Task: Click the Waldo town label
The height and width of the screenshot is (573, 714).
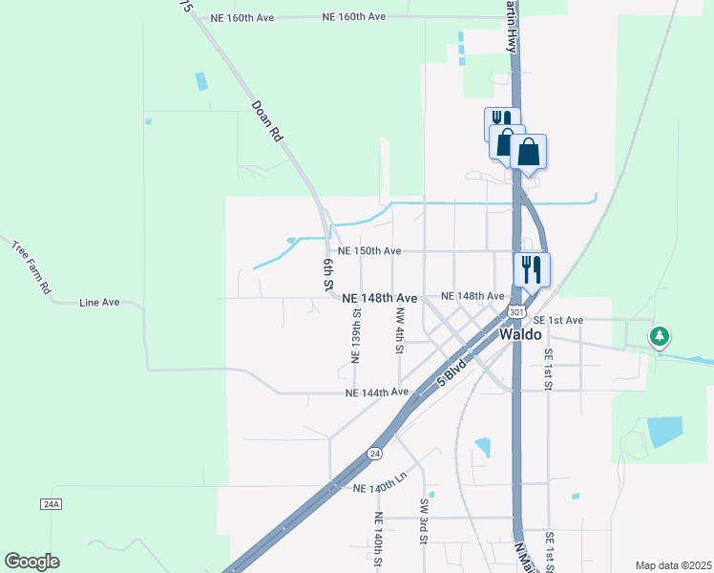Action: coord(521,335)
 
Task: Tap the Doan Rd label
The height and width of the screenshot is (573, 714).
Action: coord(268,122)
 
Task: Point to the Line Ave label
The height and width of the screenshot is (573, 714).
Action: coord(99,302)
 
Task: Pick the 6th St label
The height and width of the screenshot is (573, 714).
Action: coord(327,274)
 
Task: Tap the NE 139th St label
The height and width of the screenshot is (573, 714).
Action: coord(354,335)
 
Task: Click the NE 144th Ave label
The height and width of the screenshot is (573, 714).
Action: coord(377,393)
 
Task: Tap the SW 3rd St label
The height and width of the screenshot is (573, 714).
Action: coord(423,520)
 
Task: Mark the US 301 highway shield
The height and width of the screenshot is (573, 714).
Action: coord(516,312)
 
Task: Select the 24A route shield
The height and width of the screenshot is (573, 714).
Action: coord(51,503)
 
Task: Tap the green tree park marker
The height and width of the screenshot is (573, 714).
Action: coord(659,336)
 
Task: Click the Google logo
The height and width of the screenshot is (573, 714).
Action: coord(31,562)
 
